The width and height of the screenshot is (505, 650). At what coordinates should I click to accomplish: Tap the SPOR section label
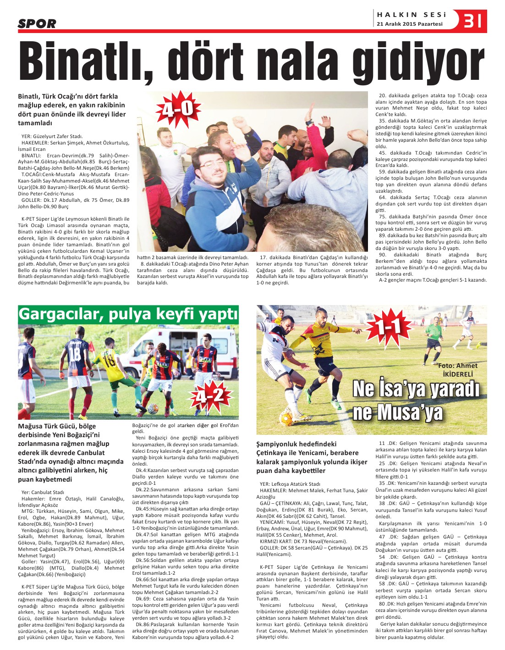coord(37,23)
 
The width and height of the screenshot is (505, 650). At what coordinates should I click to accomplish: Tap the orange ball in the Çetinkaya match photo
coord(286,417)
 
